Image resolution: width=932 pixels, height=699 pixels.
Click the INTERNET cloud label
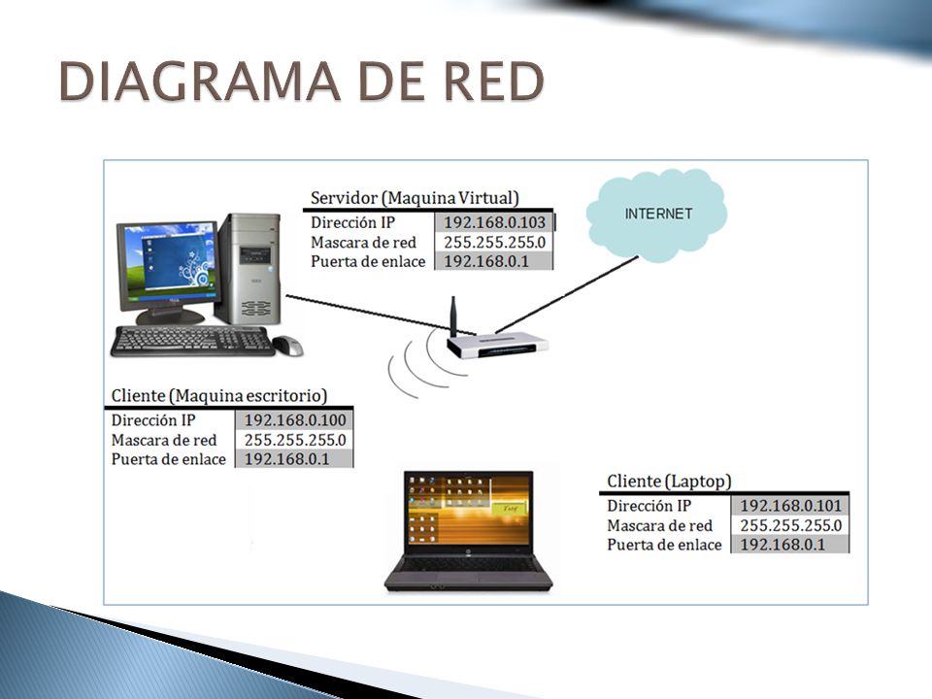coord(658,214)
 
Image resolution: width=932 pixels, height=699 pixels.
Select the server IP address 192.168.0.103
coord(494,222)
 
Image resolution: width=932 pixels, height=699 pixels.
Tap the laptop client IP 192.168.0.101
coord(790,506)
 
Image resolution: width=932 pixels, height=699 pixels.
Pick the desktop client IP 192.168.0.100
coord(295,420)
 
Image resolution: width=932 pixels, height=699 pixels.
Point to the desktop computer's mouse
coord(287,346)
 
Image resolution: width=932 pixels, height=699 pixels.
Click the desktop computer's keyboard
coord(192,341)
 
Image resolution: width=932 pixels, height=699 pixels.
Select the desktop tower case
coord(250,269)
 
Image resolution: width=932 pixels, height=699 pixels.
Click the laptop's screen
coord(469,510)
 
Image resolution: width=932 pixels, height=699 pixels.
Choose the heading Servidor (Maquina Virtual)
coord(415,198)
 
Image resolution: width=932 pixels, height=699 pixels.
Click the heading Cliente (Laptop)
coord(669,481)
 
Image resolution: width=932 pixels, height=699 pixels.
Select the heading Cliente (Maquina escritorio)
coord(219,396)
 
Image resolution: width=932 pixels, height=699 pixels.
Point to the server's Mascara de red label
coord(363,243)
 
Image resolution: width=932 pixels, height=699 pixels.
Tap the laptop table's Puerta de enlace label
coord(664,545)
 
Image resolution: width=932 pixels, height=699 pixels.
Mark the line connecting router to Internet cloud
coord(566,295)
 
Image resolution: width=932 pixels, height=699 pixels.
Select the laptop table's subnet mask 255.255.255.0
coord(790,525)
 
